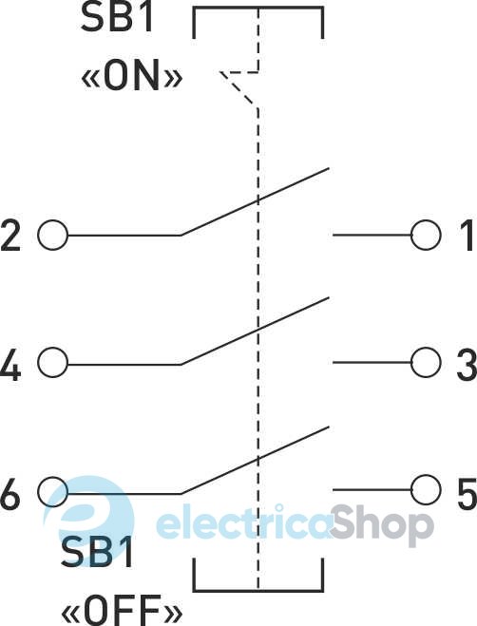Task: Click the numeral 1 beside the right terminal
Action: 466,235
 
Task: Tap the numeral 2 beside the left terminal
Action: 10,235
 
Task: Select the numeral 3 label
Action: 467,363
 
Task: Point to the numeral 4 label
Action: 10,364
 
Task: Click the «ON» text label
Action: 132,74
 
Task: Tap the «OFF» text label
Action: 122,611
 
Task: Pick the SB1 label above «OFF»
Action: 97,552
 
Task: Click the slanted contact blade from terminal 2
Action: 255,201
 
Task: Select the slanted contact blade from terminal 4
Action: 255,331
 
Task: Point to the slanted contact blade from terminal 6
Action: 255,460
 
